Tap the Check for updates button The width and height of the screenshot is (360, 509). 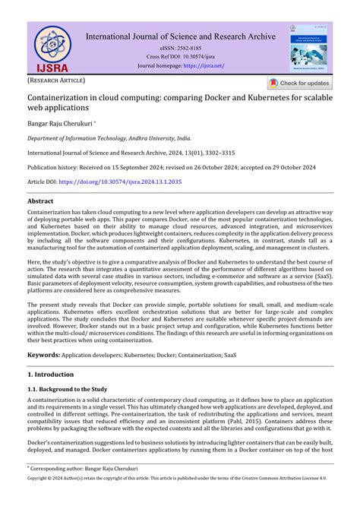(x=298, y=84)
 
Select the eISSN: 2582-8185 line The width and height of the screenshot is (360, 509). (x=181, y=47)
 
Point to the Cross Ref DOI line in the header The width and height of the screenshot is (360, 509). (x=181, y=56)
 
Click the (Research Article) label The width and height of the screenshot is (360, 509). (x=57, y=80)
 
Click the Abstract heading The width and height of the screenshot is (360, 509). (x=45, y=202)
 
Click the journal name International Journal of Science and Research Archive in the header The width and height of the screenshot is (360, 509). (x=181, y=36)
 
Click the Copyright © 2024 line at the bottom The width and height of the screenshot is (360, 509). (x=179, y=501)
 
